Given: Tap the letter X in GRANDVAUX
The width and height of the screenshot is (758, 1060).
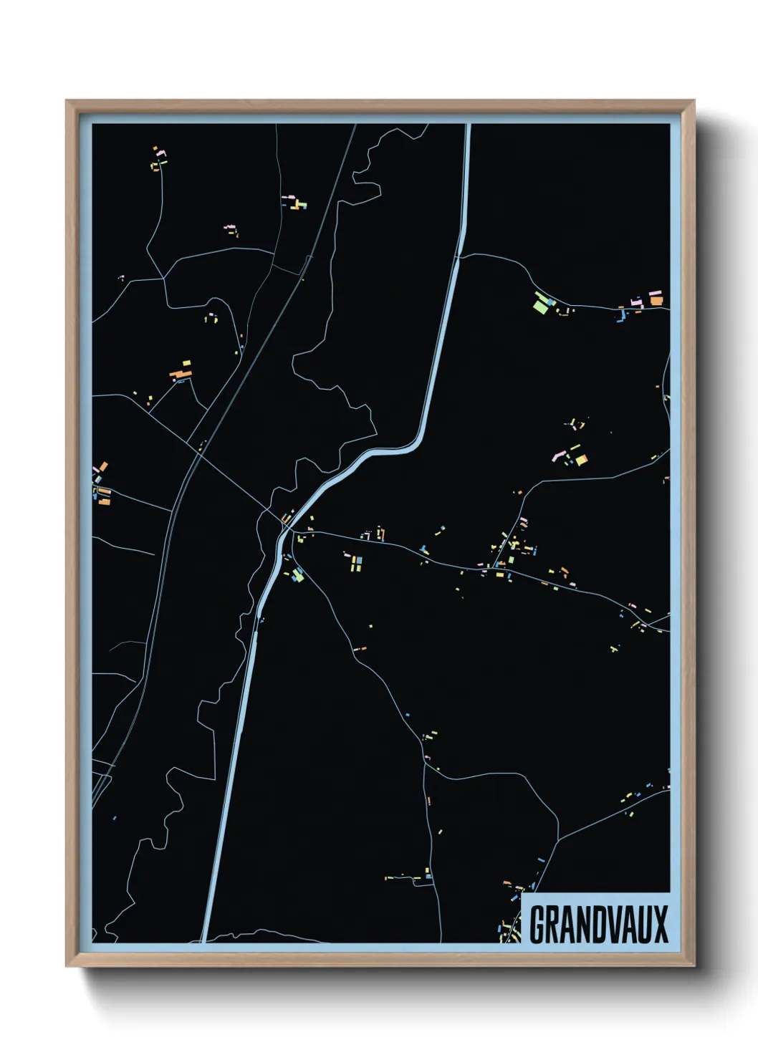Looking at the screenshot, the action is tap(661, 925).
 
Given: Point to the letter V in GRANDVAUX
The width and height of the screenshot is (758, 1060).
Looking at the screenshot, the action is tap(608, 925).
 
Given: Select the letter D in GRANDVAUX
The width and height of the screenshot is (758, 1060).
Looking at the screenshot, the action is tap(590, 925).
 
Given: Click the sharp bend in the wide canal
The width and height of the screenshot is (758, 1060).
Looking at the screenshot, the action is tap(414, 445).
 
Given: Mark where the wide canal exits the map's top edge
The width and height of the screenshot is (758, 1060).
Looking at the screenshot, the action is tap(469, 125).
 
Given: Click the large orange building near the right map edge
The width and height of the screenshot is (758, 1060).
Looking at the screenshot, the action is tap(656, 300).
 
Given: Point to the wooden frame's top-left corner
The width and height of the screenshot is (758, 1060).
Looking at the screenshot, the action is tap(67, 101).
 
